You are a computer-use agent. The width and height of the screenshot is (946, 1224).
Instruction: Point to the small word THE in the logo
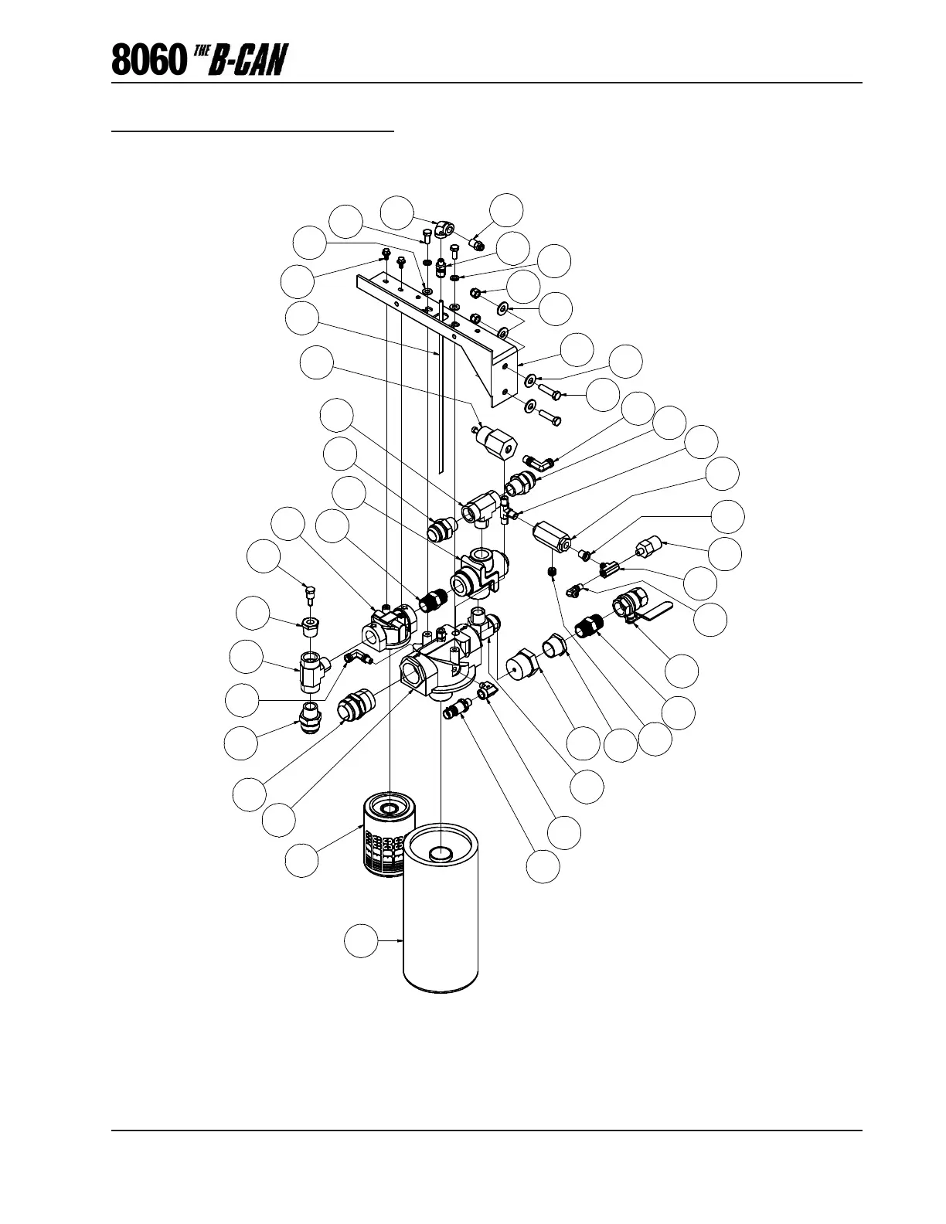click(x=202, y=51)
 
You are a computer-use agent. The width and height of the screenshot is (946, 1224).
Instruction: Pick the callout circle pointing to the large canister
click(x=361, y=940)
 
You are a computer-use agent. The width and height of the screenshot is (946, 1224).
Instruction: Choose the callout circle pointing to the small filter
click(x=301, y=861)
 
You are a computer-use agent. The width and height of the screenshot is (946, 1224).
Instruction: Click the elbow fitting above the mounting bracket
click(x=447, y=228)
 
